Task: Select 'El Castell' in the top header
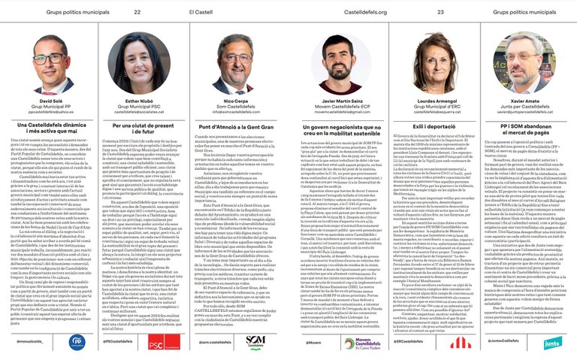[x=200, y=12]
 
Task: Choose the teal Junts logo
[x=551, y=343]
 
